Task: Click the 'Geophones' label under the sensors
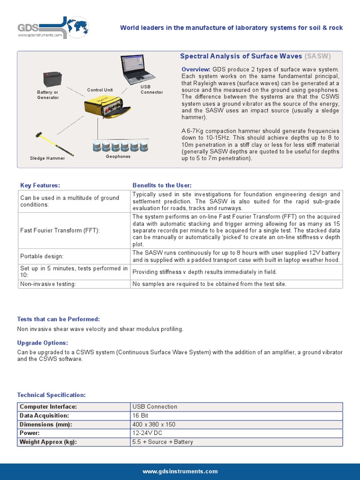(118, 157)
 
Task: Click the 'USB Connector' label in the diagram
(151, 90)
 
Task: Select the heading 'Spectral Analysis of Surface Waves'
(241, 56)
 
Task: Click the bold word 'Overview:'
(196, 70)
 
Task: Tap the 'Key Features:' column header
(40, 186)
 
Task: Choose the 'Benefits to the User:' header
(162, 186)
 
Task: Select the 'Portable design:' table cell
(42, 256)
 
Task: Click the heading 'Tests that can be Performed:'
(59, 319)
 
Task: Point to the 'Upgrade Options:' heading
(43, 343)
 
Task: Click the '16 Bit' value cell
(141, 416)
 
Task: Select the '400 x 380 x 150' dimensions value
(154, 425)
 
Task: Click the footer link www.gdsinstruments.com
(180, 472)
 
